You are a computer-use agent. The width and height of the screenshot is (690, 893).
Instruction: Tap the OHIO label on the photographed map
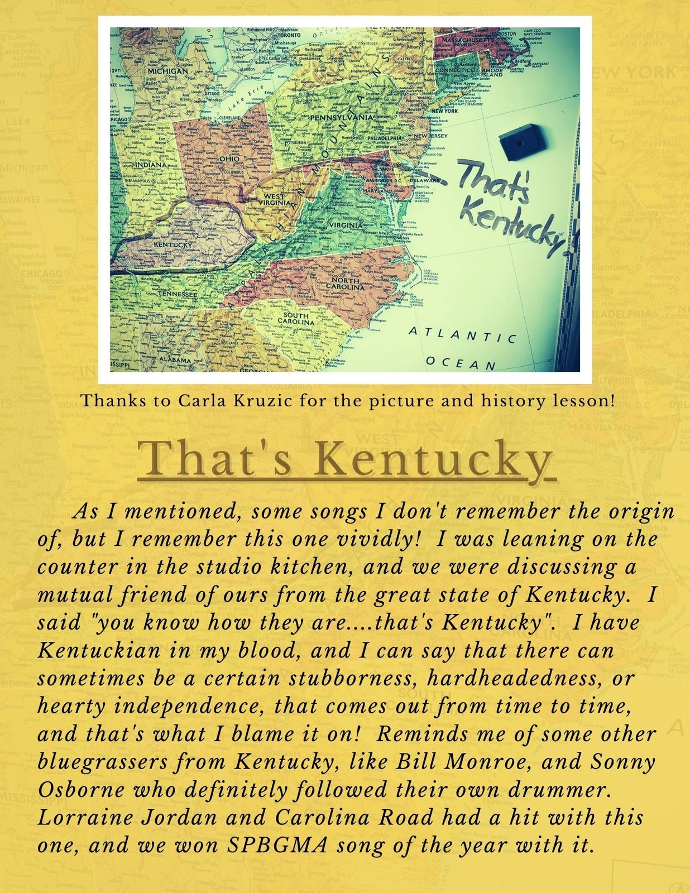click(229, 159)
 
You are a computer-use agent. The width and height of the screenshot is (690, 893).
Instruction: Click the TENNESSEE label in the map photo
click(177, 294)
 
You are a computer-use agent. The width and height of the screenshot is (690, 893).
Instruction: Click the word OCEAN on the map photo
click(461, 363)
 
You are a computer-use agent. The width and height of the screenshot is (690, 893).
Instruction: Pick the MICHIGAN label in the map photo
click(167, 71)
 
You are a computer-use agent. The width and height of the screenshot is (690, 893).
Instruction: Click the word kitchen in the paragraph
click(310, 567)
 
